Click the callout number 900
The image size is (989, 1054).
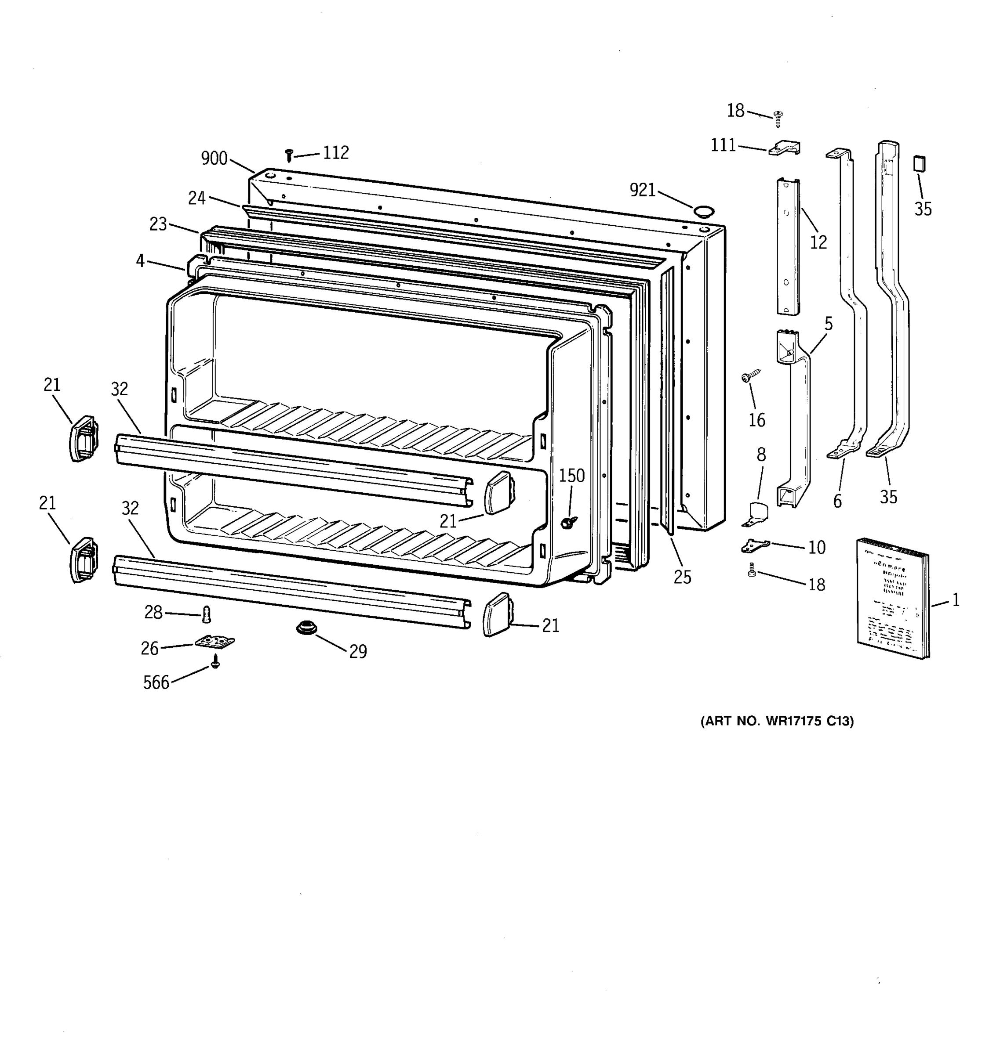click(x=215, y=158)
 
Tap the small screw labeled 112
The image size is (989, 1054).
click(x=289, y=155)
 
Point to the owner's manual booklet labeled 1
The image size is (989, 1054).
click(x=892, y=599)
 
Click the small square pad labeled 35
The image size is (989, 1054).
click(x=919, y=163)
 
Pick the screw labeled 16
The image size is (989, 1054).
click(x=750, y=376)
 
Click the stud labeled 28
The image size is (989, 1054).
click(x=207, y=614)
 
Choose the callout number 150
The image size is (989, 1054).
click(x=571, y=476)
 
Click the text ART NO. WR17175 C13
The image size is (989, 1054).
click(x=777, y=721)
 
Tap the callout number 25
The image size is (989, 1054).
click(x=682, y=577)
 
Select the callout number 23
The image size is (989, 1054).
click(x=158, y=224)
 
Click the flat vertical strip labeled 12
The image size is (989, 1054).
click(x=788, y=246)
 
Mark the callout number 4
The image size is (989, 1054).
click(x=140, y=260)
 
